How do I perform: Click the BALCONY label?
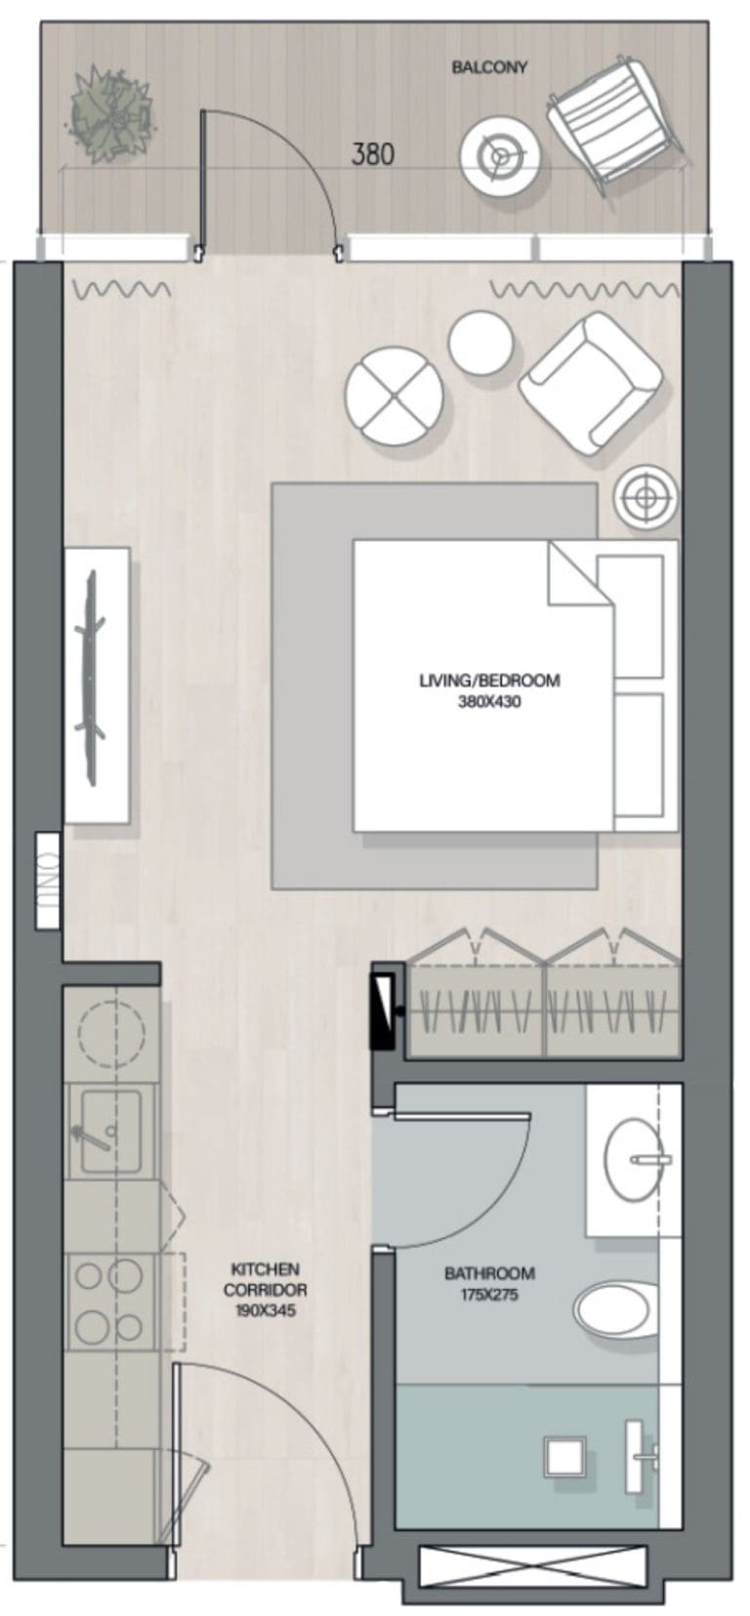[x=489, y=67]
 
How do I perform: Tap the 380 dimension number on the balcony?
[x=373, y=154]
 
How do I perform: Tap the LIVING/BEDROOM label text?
[x=489, y=681]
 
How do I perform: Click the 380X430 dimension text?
[x=489, y=701]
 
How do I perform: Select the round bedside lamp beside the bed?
[x=646, y=498]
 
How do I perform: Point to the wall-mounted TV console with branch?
[x=97, y=684]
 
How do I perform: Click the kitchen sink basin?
[x=109, y=1130]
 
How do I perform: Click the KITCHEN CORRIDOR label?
[x=265, y=1279]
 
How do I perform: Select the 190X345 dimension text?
[x=265, y=1310]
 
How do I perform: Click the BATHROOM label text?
[x=489, y=1273]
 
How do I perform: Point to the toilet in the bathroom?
[x=615, y=1309]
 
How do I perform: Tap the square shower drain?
[x=563, y=1458]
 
